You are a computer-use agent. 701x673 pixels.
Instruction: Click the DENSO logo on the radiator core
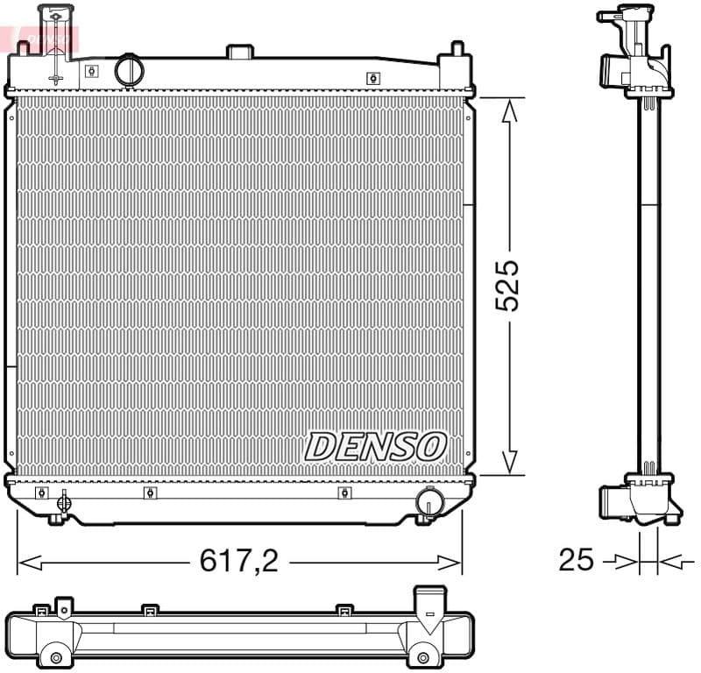375,446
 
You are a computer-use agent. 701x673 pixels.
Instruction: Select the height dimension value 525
507,285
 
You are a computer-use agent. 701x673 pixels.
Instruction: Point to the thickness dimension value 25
577,559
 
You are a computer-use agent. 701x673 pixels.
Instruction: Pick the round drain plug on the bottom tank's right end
428,501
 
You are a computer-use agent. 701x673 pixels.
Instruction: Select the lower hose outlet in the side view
612,500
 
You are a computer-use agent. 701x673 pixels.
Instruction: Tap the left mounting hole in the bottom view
56,657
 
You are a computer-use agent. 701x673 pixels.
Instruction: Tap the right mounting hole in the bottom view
424,657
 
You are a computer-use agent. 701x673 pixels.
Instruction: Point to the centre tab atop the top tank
239,52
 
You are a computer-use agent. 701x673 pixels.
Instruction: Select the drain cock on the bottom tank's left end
62,504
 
